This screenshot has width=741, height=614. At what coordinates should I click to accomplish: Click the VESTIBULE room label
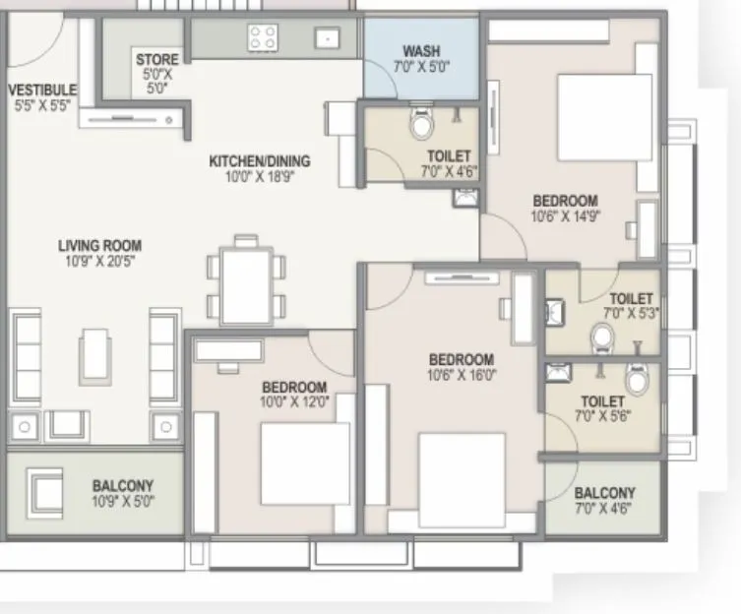pyautogui.click(x=42, y=90)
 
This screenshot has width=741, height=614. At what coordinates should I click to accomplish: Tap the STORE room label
pyautogui.click(x=157, y=60)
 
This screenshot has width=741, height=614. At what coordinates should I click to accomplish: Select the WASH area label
pyautogui.click(x=421, y=50)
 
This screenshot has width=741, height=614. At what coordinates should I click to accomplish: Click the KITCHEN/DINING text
pyautogui.click(x=260, y=161)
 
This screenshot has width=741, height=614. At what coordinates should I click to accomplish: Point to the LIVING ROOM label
pyautogui.click(x=99, y=246)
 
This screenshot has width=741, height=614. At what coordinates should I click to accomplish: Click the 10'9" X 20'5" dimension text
pyautogui.click(x=99, y=262)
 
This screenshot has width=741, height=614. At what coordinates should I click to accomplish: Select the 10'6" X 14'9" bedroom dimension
pyautogui.click(x=565, y=216)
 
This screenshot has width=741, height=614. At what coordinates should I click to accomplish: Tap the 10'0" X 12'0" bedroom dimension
pyautogui.click(x=294, y=401)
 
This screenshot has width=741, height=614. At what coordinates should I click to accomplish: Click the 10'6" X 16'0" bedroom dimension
pyautogui.click(x=462, y=375)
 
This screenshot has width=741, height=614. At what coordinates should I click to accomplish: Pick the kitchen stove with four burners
pyautogui.click(x=263, y=38)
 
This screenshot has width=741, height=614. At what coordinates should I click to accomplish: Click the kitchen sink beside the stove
pyautogui.click(x=326, y=38)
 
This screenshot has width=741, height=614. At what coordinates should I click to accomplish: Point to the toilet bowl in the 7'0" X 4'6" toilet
pyautogui.click(x=421, y=125)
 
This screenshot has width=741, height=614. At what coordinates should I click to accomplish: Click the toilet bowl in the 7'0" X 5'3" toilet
pyautogui.click(x=602, y=339)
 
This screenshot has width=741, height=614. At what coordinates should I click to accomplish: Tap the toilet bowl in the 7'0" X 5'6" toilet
pyautogui.click(x=637, y=378)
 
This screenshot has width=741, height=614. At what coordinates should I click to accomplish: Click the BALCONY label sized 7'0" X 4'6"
pyautogui.click(x=604, y=493)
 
